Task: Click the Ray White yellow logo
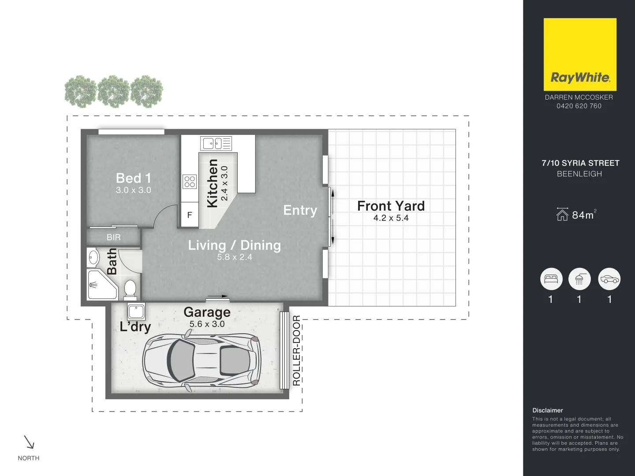coord(579,54)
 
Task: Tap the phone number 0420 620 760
coord(579,106)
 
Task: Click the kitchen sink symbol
coord(216,143)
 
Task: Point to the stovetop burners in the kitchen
coord(190,182)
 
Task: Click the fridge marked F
coord(190,215)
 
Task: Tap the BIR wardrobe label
coord(113,237)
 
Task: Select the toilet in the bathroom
coord(130,289)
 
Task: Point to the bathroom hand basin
coord(93,257)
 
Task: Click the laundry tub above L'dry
coord(136,311)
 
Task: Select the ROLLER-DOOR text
coord(296,350)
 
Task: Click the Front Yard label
coord(391,206)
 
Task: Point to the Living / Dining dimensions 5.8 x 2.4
coord(234,257)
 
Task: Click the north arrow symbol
coord(29,442)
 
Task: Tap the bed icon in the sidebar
coord(551,279)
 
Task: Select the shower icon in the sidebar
coord(579,279)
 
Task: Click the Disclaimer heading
coord(547,410)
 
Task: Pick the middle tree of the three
coord(114,92)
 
